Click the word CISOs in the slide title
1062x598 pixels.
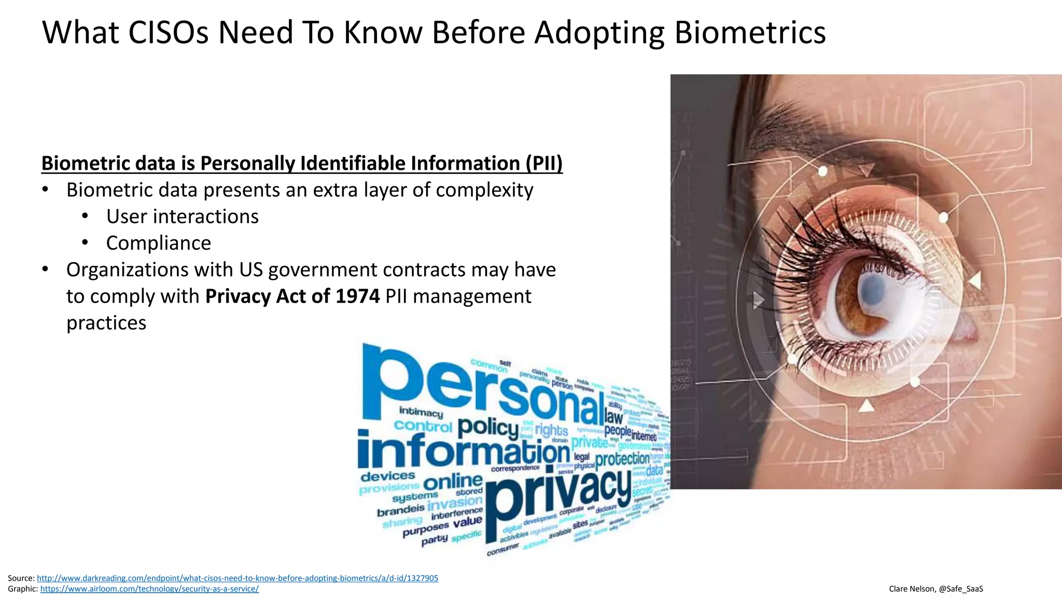[x=167, y=32]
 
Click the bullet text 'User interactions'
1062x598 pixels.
[x=182, y=216]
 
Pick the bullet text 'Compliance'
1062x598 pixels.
[x=158, y=243]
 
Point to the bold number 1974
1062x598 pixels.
[x=357, y=296]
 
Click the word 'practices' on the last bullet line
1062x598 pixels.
[x=106, y=322]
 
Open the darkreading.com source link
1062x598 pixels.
[x=237, y=578]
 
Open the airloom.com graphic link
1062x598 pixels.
[x=149, y=589]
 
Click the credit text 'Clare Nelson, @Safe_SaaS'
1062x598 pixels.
[x=935, y=589]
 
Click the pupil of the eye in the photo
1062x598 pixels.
[x=872, y=287]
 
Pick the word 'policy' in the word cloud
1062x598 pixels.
[x=487, y=427]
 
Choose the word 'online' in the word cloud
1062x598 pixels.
[x=453, y=482]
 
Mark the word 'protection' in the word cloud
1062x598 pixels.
[x=622, y=459]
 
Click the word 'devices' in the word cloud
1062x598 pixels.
[x=387, y=476]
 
